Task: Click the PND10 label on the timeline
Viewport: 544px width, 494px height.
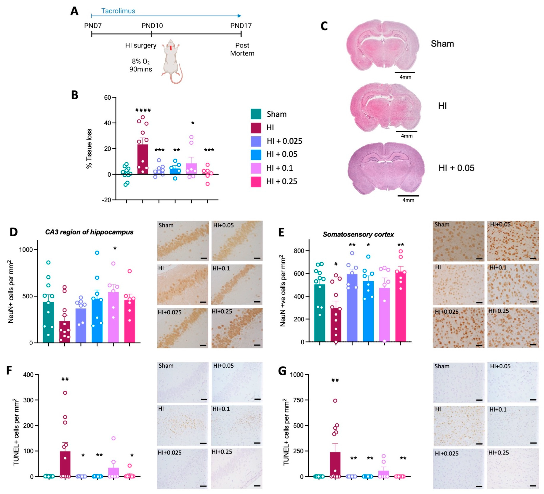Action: [x=152, y=26]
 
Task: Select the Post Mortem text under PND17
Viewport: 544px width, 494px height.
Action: [x=242, y=49]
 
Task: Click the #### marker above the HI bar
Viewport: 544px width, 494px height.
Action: [x=143, y=110]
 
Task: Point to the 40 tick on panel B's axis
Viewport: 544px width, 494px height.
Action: [x=107, y=123]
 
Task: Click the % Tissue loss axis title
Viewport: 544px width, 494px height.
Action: [x=89, y=149]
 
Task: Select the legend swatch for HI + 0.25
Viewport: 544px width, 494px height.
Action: [x=256, y=182]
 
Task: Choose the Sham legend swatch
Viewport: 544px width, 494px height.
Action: [x=256, y=114]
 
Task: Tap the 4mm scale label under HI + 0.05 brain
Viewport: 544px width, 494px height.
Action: [x=408, y=200]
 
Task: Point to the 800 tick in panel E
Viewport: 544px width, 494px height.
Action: [x=299, y=251]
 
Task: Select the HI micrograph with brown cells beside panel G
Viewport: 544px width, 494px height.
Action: [x=458, y=425]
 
